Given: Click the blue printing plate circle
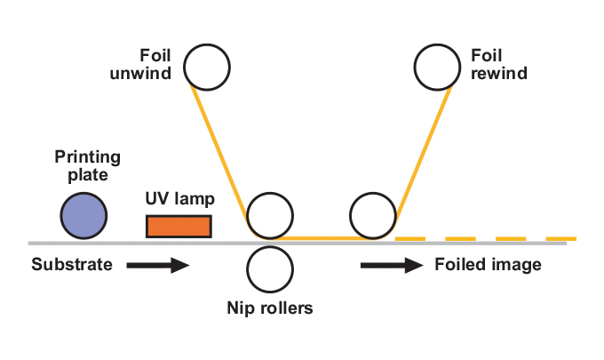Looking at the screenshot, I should [83, 216].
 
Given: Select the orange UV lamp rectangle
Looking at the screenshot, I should [179, 227].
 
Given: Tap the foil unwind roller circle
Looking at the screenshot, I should [207, 67].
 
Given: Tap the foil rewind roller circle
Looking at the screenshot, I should [439, 68].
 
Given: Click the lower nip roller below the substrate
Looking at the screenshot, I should [269, 268].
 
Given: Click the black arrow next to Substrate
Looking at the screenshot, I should [158, 265].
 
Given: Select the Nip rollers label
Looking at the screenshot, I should [270, 309].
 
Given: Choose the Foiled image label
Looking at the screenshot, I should [488, 265].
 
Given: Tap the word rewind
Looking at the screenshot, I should [499, 75].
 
